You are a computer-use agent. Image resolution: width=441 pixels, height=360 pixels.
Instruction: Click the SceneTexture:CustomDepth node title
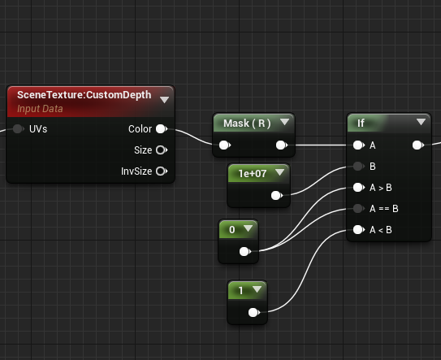coord(84,95)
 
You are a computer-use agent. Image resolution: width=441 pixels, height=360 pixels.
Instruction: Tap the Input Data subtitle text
coord(40,109)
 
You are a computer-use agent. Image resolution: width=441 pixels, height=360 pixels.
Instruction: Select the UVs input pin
coord(19,129)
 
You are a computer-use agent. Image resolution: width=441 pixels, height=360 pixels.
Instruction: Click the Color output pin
coord(162,129)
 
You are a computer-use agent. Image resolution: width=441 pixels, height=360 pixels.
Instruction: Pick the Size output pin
coord(162,150)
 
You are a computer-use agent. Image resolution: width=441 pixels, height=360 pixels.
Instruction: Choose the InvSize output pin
coord(162,171)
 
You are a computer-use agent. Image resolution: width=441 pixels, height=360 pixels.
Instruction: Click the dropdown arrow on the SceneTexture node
coord(164,100)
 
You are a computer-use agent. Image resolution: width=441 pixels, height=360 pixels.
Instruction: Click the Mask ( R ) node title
coord(247,124)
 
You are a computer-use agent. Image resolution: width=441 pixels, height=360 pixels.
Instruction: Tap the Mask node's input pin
coord(225,145)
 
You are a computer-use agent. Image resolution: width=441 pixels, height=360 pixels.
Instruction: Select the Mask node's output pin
coord(282,145)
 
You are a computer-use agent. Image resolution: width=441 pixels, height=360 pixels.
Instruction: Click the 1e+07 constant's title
coord(253,174)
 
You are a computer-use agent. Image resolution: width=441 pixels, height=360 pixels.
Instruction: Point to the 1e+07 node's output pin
coord(277,195)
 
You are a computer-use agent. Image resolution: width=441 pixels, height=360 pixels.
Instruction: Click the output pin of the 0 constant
coord(245,251)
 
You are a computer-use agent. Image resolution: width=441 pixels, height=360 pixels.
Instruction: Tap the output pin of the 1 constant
coord(254,312)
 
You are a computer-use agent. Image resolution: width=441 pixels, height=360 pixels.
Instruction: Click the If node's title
coord(361,123)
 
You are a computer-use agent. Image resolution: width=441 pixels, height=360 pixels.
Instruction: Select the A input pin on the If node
coord(359,145)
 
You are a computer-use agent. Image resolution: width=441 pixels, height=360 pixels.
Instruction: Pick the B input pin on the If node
coord(359,167)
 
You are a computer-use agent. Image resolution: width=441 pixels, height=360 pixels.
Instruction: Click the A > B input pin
coord(359,188)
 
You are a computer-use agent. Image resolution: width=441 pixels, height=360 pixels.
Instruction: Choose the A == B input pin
coord(359,209)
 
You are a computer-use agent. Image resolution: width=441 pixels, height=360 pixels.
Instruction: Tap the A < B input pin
coord(359,230)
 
